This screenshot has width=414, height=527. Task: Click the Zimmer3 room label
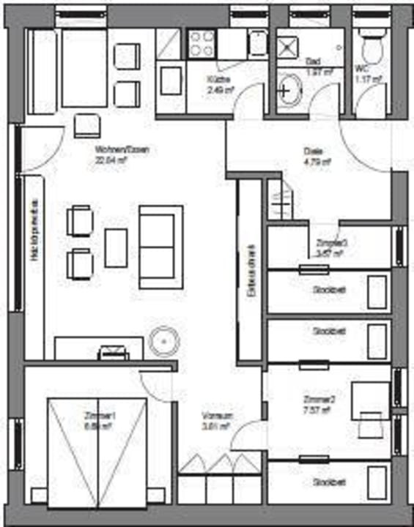click(x=327, y=242)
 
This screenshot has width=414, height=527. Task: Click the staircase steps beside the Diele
click(x=280, y=199)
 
